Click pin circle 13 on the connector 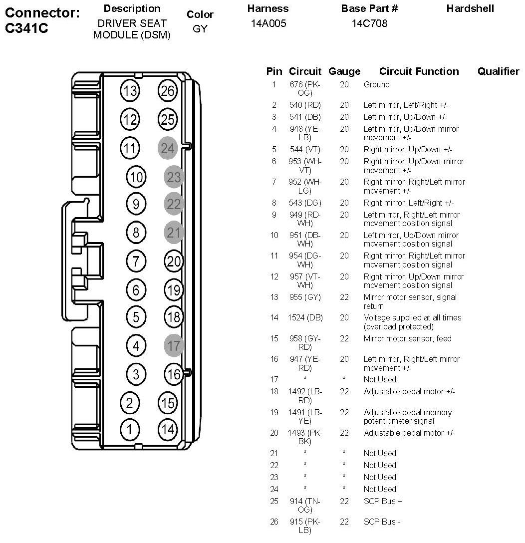[130, 91]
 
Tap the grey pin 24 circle [168, 148]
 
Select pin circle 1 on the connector [130, 429]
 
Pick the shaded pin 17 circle [174, 345]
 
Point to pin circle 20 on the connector [174, 261]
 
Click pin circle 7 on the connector [136, 261]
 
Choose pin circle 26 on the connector [168, 91]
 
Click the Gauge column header [344, 71]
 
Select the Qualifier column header [498, 71]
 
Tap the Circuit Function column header [419, 71]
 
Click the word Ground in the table [376, 85]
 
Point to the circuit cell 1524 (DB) [305, 318]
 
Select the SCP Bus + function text [383, 501]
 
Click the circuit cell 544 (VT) [305, 149]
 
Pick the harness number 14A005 [268, 23]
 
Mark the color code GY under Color [200, 29]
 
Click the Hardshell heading [470, 8]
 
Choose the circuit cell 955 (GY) [305, 297]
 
